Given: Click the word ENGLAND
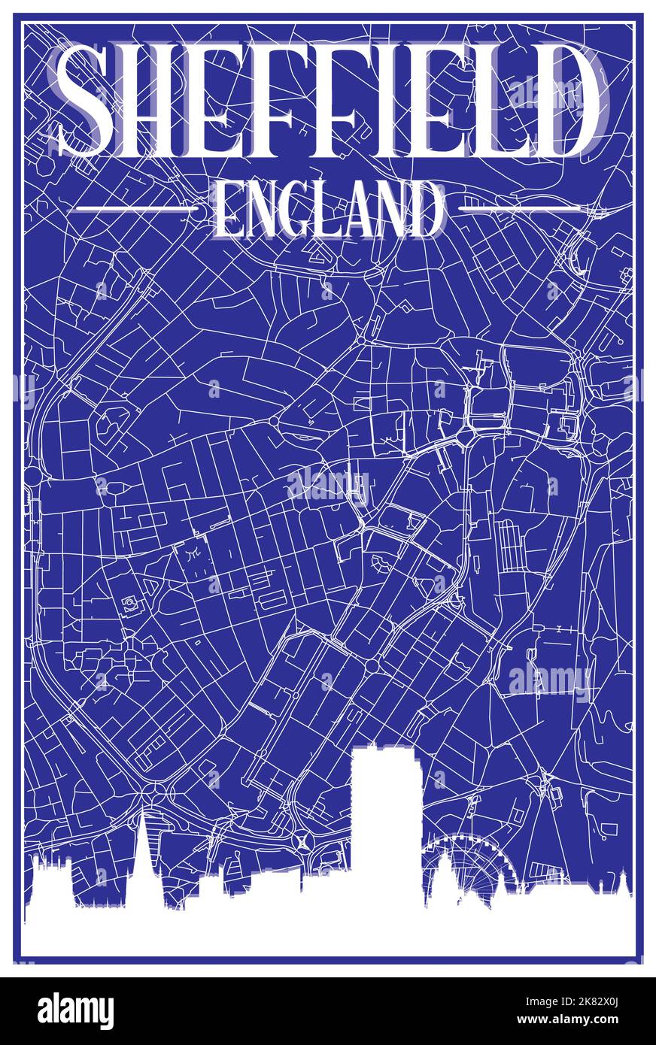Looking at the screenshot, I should coord(328,208).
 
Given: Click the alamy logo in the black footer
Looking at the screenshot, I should coord(75,1010).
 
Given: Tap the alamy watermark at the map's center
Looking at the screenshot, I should coord(328,485).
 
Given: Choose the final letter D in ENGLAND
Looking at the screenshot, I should coord(424,209).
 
